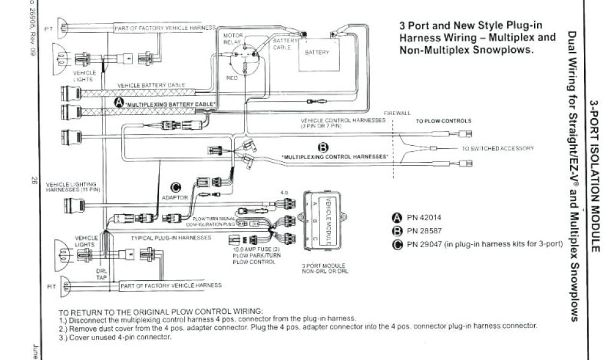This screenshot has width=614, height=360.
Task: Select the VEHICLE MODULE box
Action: click(327, 220)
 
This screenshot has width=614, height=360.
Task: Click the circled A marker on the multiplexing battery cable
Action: click(119, 103)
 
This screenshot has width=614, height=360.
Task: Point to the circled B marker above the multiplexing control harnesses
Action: click(324, 148)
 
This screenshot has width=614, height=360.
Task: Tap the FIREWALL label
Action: click(398, 113)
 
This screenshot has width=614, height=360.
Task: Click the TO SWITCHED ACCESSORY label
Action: click(497, 148)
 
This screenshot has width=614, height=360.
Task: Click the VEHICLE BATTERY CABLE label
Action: click(151, 85)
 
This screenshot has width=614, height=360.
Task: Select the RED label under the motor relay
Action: click(231, 78)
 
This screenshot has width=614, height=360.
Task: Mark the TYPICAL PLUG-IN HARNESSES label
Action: click(171, 238)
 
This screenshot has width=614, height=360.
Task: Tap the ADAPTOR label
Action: click(175, 197)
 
